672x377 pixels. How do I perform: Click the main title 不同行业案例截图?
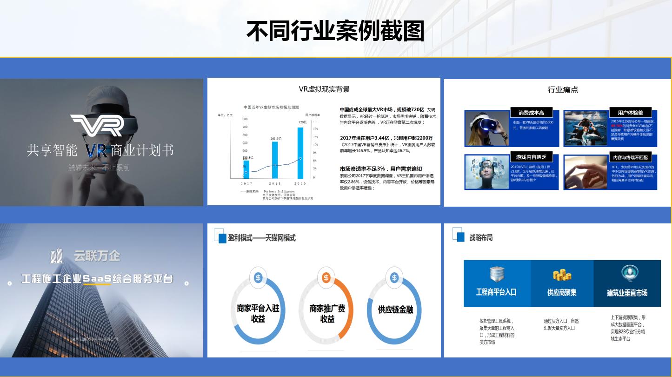(x=335, y=32)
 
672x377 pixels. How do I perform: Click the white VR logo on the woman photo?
(x=97, y=125)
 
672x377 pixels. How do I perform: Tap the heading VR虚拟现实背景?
(x=324, y=89)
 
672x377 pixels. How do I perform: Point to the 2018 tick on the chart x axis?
(x=275, y=184)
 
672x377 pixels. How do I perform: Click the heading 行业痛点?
(x=563, y=89)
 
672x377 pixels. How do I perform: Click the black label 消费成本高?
(x=531, y=113)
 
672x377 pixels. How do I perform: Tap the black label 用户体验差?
(x=630, y=113)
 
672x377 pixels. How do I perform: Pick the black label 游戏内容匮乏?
(x=531, y=157)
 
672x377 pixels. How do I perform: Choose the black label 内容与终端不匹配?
(x=630, y=157)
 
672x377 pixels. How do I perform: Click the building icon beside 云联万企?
(x=57, y=256)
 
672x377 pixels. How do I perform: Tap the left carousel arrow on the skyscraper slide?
(x=9, y=283)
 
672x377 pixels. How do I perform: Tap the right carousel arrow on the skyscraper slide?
(x=186, y=283)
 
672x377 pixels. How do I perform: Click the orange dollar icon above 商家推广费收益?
(x=326, y=278)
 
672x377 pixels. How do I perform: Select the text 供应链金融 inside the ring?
(x=395, y=310)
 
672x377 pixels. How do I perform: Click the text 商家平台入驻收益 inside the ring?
(x=258, y=313)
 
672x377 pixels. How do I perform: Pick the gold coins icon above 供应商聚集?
(x=562, y=275)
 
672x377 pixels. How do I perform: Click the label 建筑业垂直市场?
(x=627, y=293)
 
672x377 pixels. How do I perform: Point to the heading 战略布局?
(x=481, y=237)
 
